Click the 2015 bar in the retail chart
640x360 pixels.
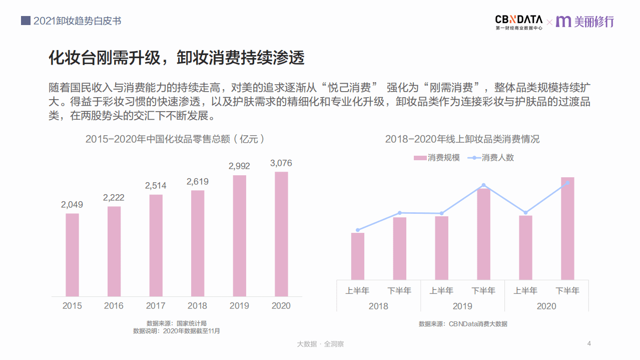72,255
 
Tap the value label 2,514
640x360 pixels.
156,186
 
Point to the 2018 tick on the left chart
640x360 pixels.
197,306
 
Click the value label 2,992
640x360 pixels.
239,166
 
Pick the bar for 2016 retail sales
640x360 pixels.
114,251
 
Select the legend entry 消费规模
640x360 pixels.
436,158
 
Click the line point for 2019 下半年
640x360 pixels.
483,185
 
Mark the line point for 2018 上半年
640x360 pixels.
358,230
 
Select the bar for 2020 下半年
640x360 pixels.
567,228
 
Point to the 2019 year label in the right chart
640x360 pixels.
462,306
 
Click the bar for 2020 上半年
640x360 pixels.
525,247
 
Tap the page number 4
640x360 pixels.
589,343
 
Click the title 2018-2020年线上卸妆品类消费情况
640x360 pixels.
462,139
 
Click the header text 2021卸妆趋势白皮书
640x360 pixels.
77,21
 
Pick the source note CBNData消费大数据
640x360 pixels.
463,324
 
